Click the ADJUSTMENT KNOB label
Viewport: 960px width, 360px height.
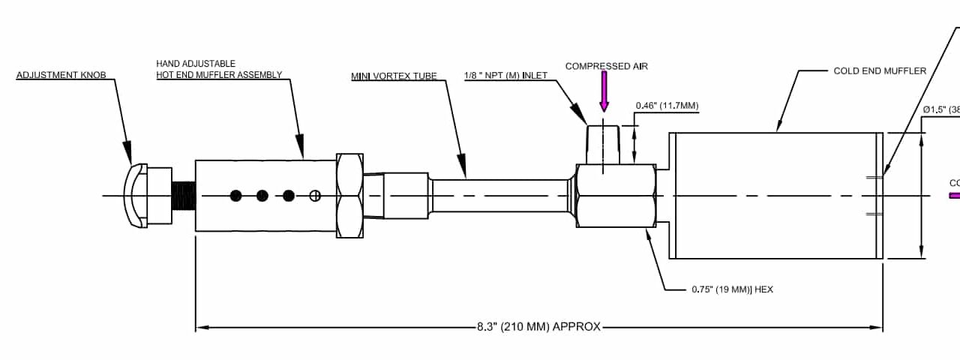point(61,75)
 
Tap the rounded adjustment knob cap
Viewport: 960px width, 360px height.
point(136,196)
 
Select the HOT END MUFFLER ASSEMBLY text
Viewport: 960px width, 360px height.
point(219,74)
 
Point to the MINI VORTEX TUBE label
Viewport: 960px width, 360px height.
point(394,76)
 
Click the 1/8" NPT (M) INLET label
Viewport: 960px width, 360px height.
point(505,75)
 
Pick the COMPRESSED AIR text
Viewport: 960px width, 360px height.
point(606,66)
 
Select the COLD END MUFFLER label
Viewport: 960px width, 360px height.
point(880,71)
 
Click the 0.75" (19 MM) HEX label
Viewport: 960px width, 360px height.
point(731,289)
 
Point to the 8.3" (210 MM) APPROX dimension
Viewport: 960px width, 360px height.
point(538,327)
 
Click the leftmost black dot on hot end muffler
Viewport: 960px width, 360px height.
point(236,196)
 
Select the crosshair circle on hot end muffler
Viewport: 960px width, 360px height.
point(315,196)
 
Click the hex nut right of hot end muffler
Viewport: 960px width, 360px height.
point(349,196)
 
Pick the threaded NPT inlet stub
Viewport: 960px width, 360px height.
point(603,145)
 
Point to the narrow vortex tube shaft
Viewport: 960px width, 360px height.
point(499,196)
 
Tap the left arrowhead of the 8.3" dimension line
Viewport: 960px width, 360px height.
point(200,327)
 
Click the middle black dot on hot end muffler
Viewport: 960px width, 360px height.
point(262,196)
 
